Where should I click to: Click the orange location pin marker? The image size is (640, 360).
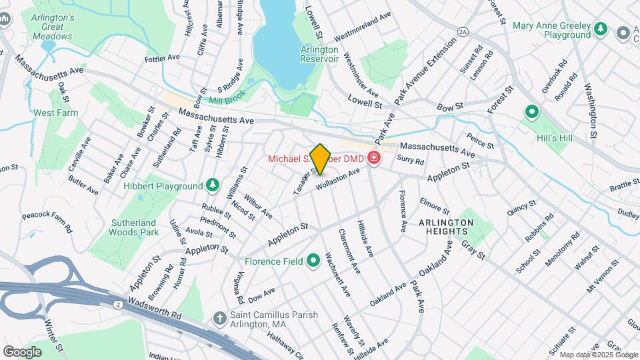click(x=320, y=159)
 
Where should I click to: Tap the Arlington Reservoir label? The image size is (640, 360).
click(x=320, y=54)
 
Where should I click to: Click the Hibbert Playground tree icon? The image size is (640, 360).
click(x=212, y=185)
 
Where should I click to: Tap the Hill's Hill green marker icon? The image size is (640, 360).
click(x=532, y=112)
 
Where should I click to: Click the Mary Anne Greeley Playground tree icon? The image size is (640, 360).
click(x=601, y=29)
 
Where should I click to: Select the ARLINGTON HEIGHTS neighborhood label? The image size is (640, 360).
click(x=446, y=227)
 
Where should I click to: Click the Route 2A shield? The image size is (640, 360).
click(x=463, y=31)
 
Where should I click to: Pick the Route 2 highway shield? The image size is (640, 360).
click(x=117, y=305)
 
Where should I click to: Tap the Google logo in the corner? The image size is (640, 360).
click(x=22, y=351)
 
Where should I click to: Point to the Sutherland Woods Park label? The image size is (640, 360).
click(x=134, y=227)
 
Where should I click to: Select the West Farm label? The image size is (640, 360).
click(x=56, y=113)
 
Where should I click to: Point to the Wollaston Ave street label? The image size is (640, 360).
click(x=338, y=179)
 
